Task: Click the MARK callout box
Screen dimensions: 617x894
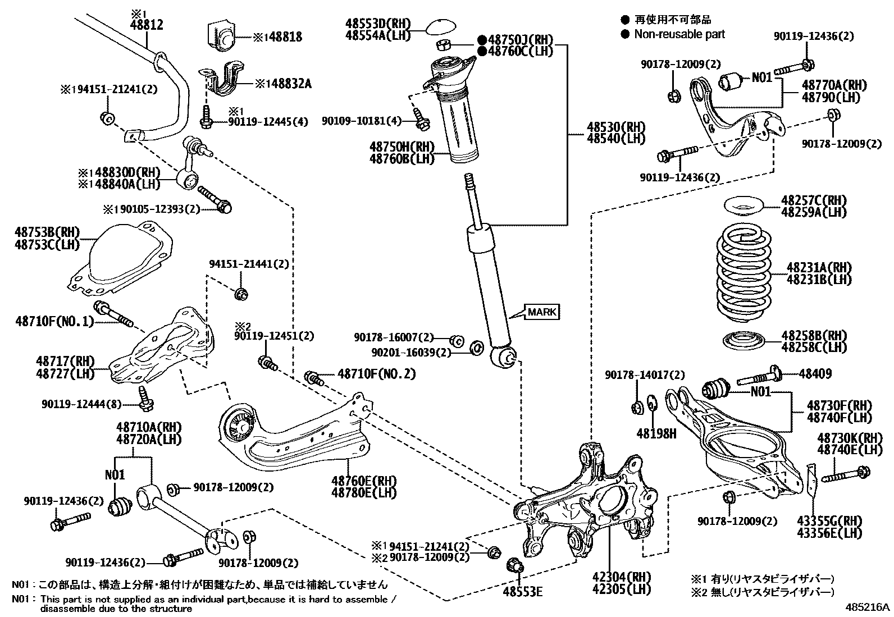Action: tap(542, 312)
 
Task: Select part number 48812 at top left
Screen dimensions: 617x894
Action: tap(147, 25)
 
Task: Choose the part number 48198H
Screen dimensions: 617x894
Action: tap(656, 433)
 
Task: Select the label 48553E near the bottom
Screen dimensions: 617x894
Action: tap(522, 591)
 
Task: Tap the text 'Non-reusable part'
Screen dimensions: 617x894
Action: tap(679, 34)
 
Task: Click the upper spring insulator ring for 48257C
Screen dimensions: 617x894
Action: tap(741, 206)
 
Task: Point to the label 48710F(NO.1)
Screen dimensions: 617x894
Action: tap(53, 322)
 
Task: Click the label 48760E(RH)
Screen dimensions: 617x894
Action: tap(363, 481)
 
